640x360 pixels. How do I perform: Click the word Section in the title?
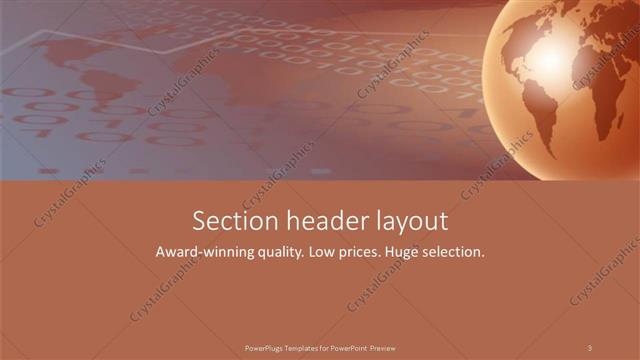227,220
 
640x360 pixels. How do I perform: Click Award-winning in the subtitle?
201,253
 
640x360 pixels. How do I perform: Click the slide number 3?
590,347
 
